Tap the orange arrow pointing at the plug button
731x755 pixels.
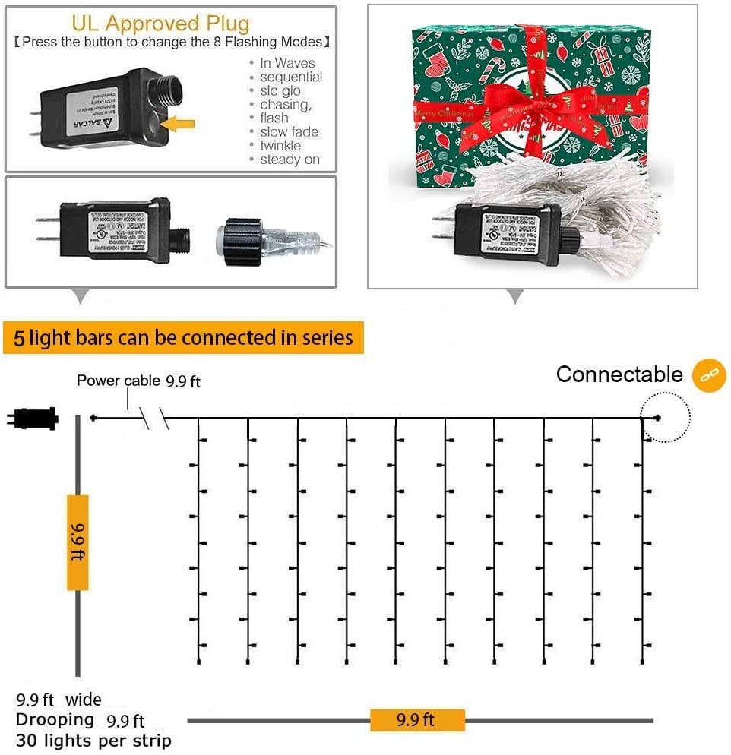[x=180, y=122]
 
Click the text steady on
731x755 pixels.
[x=290, y=160]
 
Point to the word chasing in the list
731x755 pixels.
[x=285, y=105]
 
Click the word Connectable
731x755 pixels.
[x=619, y=374]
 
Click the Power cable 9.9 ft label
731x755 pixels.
[x=138, y=381]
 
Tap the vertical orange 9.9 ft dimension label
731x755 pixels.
[x=78, y=542]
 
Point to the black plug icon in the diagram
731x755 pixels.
[x=33, y=418]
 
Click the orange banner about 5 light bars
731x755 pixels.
[x=183, y=337]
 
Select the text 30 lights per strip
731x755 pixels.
[x=93, y=741]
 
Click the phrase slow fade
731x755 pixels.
[x=289, y=132]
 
